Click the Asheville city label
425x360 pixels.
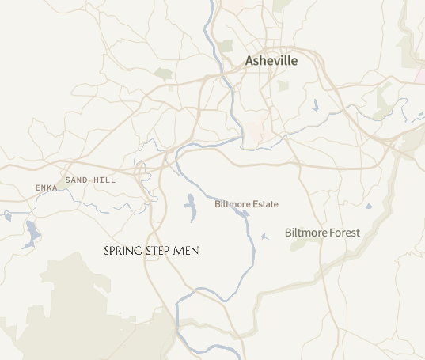click(x=271, y=61)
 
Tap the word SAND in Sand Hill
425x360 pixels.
click(x=77, y=180)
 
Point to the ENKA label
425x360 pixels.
click(x=47, y=188)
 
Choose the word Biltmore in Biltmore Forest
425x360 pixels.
click(x=304, y=233)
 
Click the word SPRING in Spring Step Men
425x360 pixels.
click(x=123, y=251)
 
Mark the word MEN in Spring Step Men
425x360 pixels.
click(x=188, y=251)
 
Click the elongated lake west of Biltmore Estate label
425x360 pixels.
click(x=190, y=207)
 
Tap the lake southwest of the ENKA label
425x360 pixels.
click(x=32, y=234)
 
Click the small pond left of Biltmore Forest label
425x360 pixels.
click(x=264, y=236)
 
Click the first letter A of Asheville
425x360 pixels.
click(x=250, y=61)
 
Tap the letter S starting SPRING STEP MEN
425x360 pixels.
click(x=107, y=251)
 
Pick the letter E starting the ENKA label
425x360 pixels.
click(x=38, y=188)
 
